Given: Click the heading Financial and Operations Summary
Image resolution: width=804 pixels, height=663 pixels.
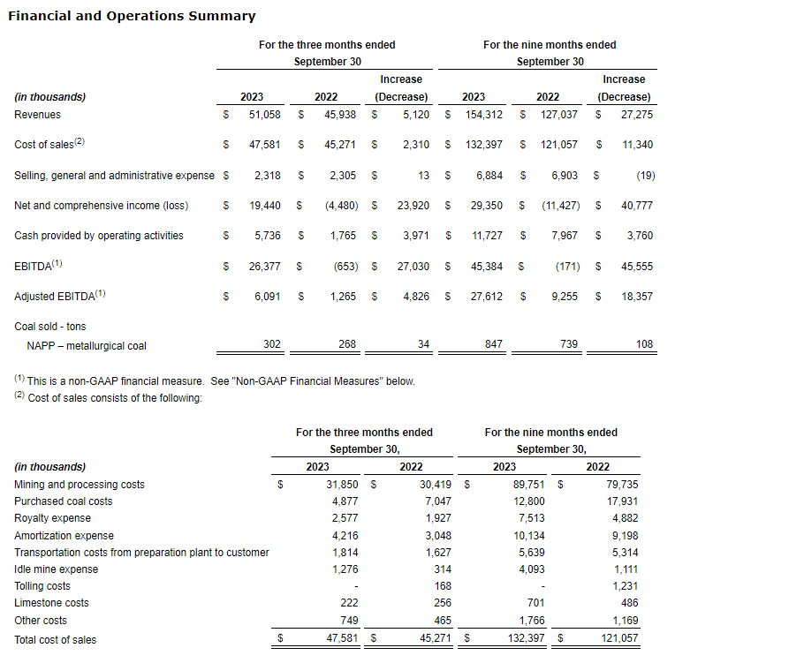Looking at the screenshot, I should (x=132, y=16).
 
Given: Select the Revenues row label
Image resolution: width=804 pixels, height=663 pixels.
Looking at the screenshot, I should (x=38, y=114).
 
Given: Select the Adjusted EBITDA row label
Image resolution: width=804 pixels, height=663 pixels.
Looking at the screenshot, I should (x=59, y=297).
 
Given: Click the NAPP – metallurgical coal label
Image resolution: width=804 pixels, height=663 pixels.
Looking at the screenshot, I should (x=87, y=345).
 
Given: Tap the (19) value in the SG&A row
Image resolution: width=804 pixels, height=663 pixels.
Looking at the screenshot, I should (x=645, y=176).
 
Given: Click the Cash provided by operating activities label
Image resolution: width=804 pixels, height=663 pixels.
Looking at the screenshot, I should (x=99, y=236).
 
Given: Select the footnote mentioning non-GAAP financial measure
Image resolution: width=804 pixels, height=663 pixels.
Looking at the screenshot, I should (x=215, y=381).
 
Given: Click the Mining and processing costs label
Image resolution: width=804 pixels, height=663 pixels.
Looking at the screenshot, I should (x=80, y=485).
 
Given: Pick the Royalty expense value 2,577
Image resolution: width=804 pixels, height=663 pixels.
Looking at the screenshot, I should (x=344, y=518).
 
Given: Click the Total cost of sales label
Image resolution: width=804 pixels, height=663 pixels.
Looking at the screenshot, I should (x=56, y=639).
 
